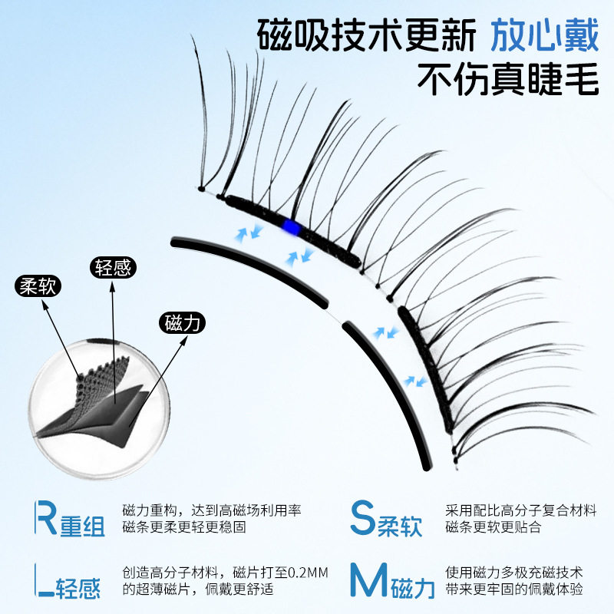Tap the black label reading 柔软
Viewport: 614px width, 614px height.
38,287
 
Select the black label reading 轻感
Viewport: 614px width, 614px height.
114,268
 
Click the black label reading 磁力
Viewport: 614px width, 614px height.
182,322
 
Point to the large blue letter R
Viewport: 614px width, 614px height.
47,520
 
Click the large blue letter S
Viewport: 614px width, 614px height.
363,519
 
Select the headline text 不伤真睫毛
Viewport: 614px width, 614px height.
507,78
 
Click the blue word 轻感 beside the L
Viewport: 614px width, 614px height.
80,589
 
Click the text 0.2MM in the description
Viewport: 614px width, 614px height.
285,573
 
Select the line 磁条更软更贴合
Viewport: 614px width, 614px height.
493,527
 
